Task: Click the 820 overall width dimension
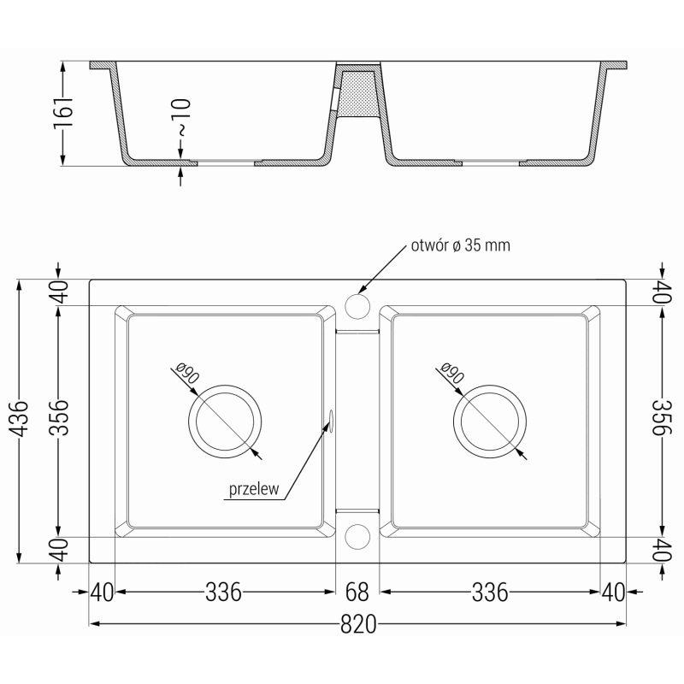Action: click(358, 625)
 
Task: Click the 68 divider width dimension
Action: click(357, 591)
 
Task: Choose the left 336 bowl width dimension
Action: click(222, 591)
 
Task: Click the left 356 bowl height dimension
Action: click(58, 420)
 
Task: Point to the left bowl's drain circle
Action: click(222, 421)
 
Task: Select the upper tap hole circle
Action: click(357, 305)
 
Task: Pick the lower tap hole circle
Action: click(357, 535)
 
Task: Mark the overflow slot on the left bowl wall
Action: click(330, 417)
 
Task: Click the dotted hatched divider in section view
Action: click(357, 93)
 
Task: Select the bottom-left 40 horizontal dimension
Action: click(102, 591)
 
